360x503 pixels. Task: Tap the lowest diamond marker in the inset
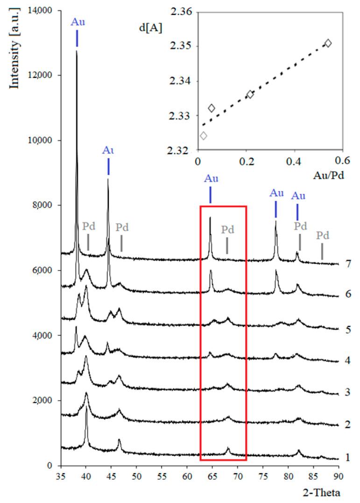click(x=203, y=136)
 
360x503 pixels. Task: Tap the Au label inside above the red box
click(x=211, y=178)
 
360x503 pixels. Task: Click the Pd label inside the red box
click(x=227, y=230)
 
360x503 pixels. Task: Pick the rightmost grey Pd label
click(x=323, y=235)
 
